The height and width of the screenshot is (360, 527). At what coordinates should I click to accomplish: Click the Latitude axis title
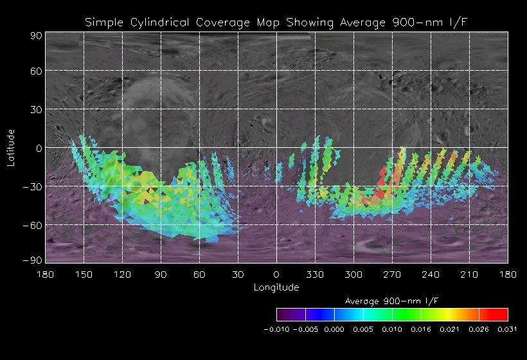click(11, 147)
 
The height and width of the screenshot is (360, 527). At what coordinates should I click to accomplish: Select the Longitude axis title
click(276, 287)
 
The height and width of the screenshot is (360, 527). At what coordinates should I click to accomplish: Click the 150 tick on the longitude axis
click(84, 274)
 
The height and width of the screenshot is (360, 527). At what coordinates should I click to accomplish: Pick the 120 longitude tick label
click(122, 274)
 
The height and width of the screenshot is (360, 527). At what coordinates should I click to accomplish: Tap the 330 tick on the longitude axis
click(315, 274)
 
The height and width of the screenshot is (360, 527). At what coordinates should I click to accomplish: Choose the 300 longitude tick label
click(353, 274)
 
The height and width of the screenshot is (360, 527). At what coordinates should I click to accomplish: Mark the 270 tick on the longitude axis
click(392, 274)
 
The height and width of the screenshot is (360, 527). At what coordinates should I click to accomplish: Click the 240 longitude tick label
click(431, 274)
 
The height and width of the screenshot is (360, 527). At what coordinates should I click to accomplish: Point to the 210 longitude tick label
click(469, 274)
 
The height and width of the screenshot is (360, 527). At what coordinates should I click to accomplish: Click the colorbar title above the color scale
click(392, 301)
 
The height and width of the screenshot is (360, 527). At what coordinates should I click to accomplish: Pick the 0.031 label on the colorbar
click(508, 329)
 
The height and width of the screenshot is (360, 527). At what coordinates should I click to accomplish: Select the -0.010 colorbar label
click(276, 329)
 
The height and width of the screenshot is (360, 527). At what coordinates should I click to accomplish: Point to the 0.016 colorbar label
click(421, 329)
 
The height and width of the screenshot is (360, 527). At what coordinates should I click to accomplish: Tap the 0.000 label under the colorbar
click(334, 329)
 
